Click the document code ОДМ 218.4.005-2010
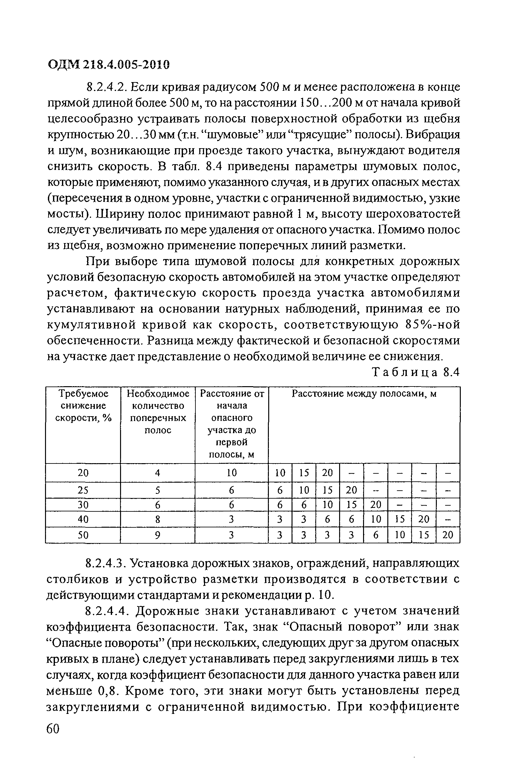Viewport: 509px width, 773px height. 109,65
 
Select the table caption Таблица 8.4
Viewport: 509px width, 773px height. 415,372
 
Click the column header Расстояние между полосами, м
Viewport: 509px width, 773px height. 364,394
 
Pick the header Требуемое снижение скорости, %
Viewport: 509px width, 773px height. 83,406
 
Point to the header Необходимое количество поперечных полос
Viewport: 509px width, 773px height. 157,411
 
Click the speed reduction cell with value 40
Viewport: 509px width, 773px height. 83,519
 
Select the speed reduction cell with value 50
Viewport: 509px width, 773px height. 83,535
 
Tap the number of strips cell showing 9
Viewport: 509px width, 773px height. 157,535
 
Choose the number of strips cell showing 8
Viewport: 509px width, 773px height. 157,519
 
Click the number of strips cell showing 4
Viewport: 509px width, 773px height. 157,472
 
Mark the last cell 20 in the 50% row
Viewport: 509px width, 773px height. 448,535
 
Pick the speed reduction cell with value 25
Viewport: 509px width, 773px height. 83,490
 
